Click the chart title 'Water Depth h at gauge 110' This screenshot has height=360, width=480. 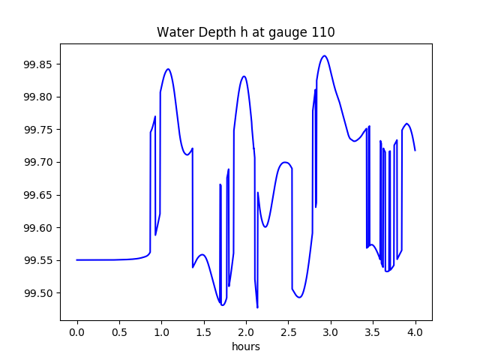245,32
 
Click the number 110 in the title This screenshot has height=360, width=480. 323,32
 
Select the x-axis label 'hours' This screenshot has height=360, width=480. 245,347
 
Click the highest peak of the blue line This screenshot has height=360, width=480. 325,55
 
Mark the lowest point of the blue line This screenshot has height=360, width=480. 257,307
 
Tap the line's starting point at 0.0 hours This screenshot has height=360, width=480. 77,260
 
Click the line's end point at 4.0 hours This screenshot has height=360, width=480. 415,151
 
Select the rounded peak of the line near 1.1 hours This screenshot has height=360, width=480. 168,69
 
